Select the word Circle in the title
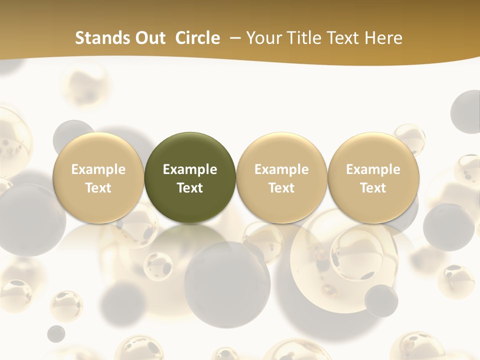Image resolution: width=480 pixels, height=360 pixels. point(197,38)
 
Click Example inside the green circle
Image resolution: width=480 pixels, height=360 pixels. point(190,169)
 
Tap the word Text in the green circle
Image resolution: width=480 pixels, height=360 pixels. point(190,188)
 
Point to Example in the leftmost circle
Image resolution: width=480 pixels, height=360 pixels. point(98,169)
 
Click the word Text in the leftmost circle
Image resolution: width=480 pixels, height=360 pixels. point(98,188)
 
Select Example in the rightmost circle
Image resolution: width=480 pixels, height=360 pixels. point(373,169)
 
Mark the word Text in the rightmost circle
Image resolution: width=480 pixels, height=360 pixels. point(373,188)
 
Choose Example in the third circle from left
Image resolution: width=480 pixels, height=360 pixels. point(281,169)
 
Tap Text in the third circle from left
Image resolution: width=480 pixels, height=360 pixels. point(281,188)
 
